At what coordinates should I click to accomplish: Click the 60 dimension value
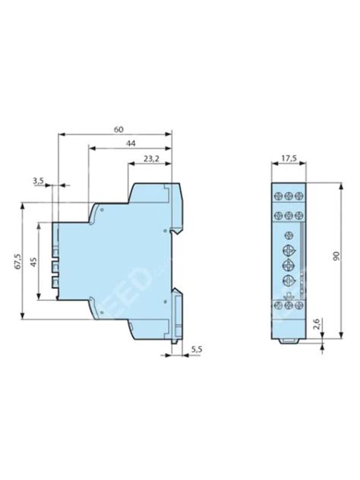[118, 129]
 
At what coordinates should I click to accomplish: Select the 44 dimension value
[131, 144]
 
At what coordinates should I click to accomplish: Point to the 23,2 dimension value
[150, 159]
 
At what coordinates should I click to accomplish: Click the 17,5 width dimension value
[288, 159]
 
